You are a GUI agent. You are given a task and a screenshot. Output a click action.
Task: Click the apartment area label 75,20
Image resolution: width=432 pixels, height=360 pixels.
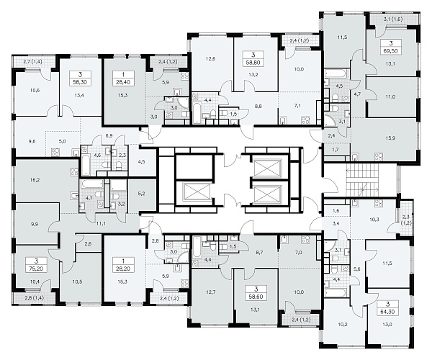[x=36, y=269]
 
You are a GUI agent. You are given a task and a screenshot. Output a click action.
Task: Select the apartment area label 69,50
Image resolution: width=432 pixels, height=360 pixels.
[x=391, y=51]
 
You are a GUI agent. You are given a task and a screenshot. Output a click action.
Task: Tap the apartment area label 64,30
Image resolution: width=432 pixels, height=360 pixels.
[x=387, y=312]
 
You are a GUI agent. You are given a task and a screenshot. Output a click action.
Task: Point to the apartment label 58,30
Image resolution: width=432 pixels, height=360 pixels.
[x=80, y=82]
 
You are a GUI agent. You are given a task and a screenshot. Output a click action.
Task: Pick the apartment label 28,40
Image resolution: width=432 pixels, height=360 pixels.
[x=123, y=82]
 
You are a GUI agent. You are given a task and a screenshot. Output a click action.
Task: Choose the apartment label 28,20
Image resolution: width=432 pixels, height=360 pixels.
[x=123, y=269]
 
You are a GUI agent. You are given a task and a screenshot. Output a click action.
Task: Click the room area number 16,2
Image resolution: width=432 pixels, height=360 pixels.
[x=35, y=180]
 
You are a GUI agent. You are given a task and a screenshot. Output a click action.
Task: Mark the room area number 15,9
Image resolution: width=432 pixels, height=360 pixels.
[x=390, y=138]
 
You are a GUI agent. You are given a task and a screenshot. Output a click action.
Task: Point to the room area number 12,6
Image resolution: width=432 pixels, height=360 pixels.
[x=210, y=58]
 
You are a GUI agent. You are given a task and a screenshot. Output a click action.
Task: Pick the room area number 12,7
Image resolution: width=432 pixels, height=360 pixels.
[x=211, y=292]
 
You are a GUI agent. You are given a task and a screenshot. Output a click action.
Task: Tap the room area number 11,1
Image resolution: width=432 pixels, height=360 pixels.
[x=101, y=224]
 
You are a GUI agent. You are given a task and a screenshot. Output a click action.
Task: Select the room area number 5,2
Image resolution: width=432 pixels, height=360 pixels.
[x=141, y=194]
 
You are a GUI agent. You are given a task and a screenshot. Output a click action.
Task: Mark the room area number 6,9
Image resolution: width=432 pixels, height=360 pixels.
[x=109, y=135]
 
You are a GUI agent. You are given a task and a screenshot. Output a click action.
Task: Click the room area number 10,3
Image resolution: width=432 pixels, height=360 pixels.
[x=374, y=220]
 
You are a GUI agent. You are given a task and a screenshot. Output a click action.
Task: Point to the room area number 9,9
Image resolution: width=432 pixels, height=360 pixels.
[x=35, y=224]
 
